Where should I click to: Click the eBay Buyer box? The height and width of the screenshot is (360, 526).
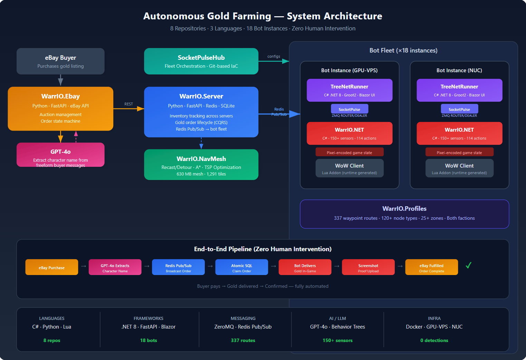click(x=60, y=61)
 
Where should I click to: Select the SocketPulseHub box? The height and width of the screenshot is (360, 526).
click(x=201, y=61)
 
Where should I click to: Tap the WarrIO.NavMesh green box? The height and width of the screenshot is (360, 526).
click(x=201, y=164)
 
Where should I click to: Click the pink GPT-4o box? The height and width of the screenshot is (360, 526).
click(x=60, y=155)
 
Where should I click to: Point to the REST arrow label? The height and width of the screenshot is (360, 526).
click(x=128, y=104)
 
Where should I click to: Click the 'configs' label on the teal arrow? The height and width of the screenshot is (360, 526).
click(x=274, y=56)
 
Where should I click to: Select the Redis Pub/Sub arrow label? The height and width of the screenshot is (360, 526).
click(x=279, y=112)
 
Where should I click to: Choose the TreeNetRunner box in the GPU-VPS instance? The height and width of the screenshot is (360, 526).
click(x=349, y=90)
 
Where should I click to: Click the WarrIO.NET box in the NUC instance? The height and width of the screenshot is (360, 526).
click(x=459, y=133)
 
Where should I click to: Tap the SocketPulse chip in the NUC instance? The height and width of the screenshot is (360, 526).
click(x=459, y=109)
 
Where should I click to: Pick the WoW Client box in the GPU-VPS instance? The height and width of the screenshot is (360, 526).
click(x=349, y=168)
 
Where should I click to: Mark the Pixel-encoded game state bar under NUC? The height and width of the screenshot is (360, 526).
click(x=459, y=152)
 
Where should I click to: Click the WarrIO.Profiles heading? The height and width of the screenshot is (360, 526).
click(x=404, y=209)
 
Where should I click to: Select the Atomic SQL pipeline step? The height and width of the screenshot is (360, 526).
click(x=241, y=267)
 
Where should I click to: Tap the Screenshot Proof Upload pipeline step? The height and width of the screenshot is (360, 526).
click(x=368, y=267)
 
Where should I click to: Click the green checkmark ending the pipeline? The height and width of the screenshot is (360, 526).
click(x=468, y=265)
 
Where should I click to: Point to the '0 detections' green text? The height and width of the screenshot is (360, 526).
click(x=434, y=340)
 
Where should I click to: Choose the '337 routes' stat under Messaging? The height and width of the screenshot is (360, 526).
click(x=243, y=340)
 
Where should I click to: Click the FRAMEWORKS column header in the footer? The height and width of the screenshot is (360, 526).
click(x=148, y=318)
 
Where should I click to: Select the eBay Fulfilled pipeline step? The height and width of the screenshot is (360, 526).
click(x=431, y=267)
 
